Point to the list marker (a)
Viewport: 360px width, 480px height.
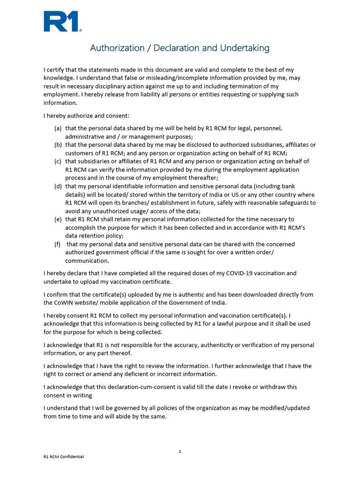pos(58,128)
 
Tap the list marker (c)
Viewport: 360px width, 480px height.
pos(58,161)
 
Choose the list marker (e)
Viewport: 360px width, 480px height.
pos(58,219)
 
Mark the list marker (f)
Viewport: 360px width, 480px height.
pos(57,244)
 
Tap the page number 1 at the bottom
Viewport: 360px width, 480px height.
pos(180,451)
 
